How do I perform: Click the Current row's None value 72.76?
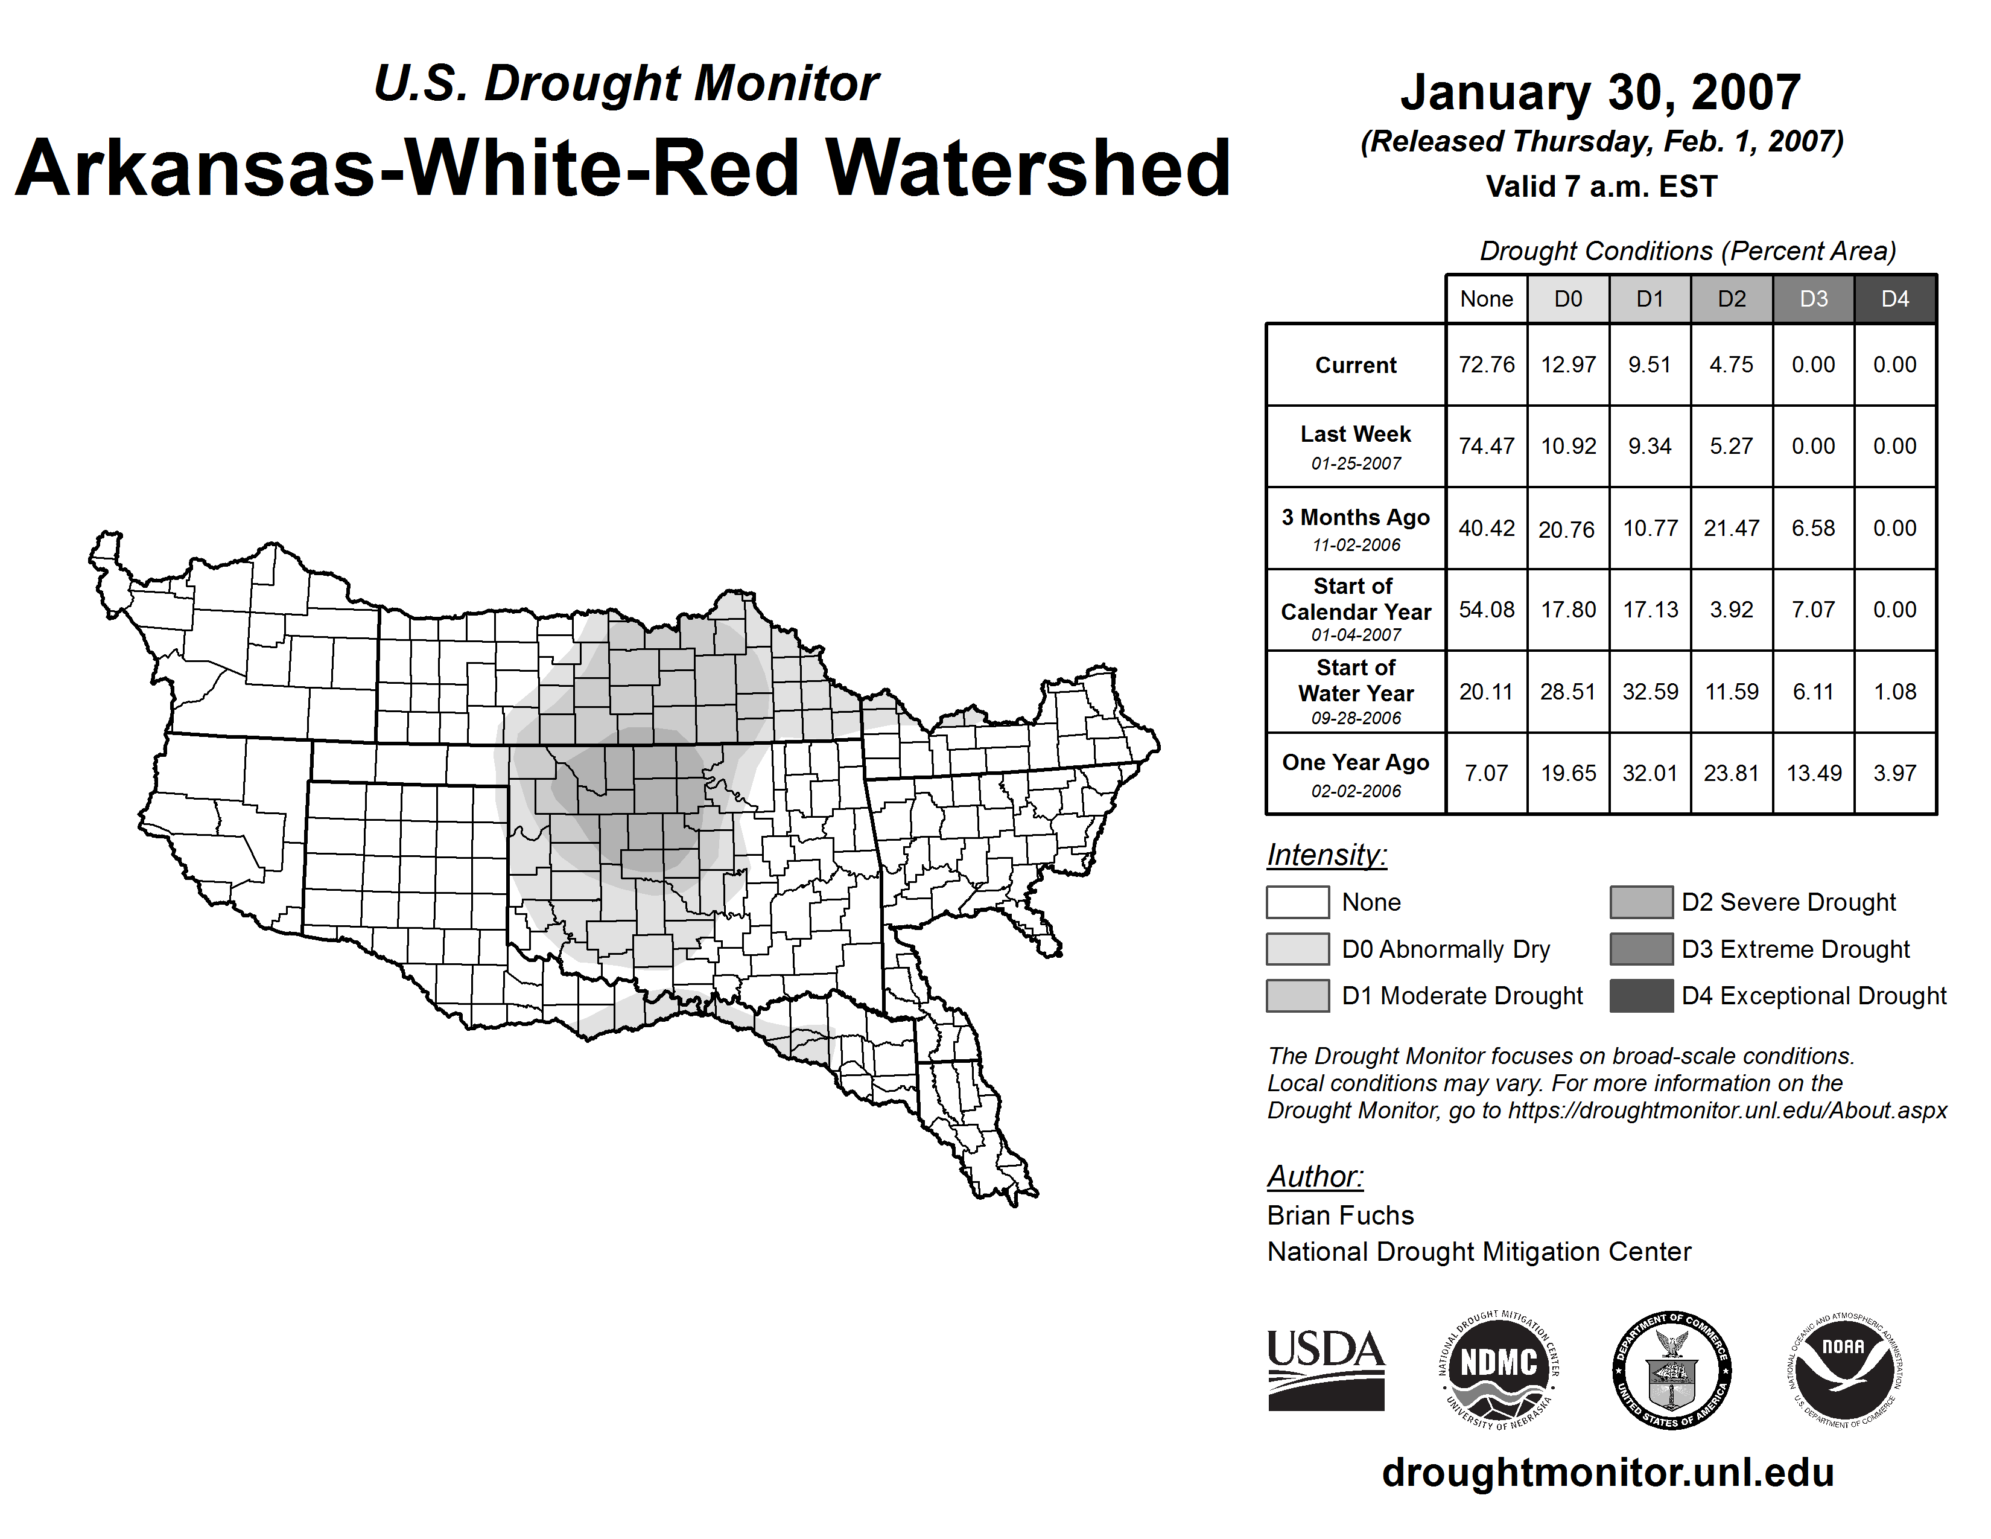tap(1486, 365)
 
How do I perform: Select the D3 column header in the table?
tap(1813, 299)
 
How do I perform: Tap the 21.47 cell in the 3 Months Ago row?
tap(1731, 528)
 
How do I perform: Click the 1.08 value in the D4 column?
tap(1894, 692)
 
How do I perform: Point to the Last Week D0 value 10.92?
tap(1568, 447)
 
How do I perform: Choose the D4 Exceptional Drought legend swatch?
tap(1641, 996)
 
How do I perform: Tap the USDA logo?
tap(1326, 1369)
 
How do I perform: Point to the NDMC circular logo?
tap(1499, 1369)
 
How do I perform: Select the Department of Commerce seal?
tap(1672, 1369)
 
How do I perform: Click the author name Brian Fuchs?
tap(1340, 1216)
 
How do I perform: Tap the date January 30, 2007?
tap(1601, 93)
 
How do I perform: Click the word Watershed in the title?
tap(1027, 168)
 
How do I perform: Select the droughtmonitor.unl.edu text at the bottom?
tap(1608, 1473)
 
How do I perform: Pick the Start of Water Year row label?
tap(1356, 692)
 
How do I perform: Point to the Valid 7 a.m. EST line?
tap(1601, 187)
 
